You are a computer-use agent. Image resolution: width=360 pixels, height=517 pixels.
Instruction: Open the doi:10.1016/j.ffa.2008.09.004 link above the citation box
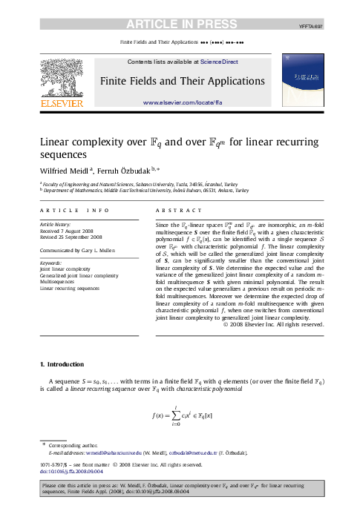(71, 471)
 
